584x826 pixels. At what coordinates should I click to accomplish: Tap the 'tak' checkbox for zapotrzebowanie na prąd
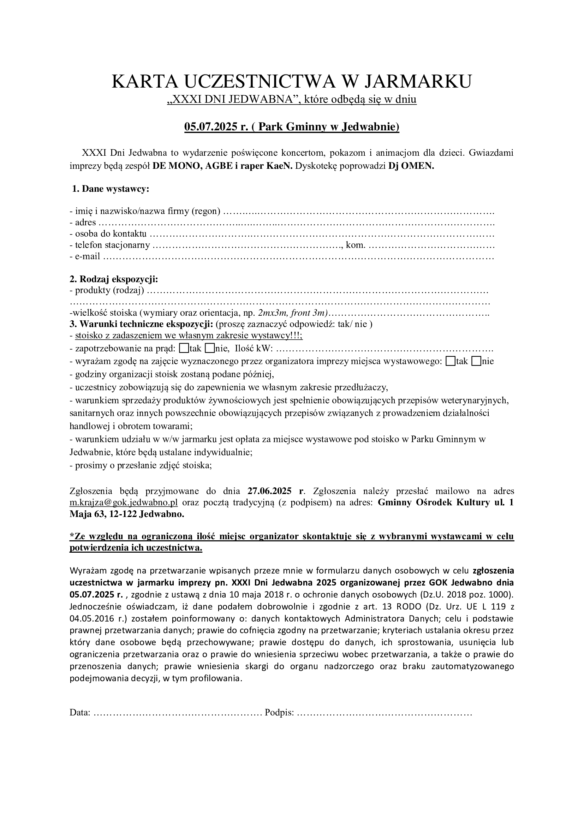pyautogui.click(x=183, y=348)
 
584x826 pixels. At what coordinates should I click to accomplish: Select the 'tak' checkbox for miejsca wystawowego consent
pyautogui.click(x=450, y=361)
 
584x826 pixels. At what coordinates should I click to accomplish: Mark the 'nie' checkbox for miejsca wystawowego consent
pyautogui.click(x=476, y=361)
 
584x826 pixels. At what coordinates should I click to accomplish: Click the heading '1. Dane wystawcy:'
pyautogui.click(x=111, y=189)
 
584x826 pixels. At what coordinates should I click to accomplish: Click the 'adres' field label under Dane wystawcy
pyautogui.click(x=85, y=223)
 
